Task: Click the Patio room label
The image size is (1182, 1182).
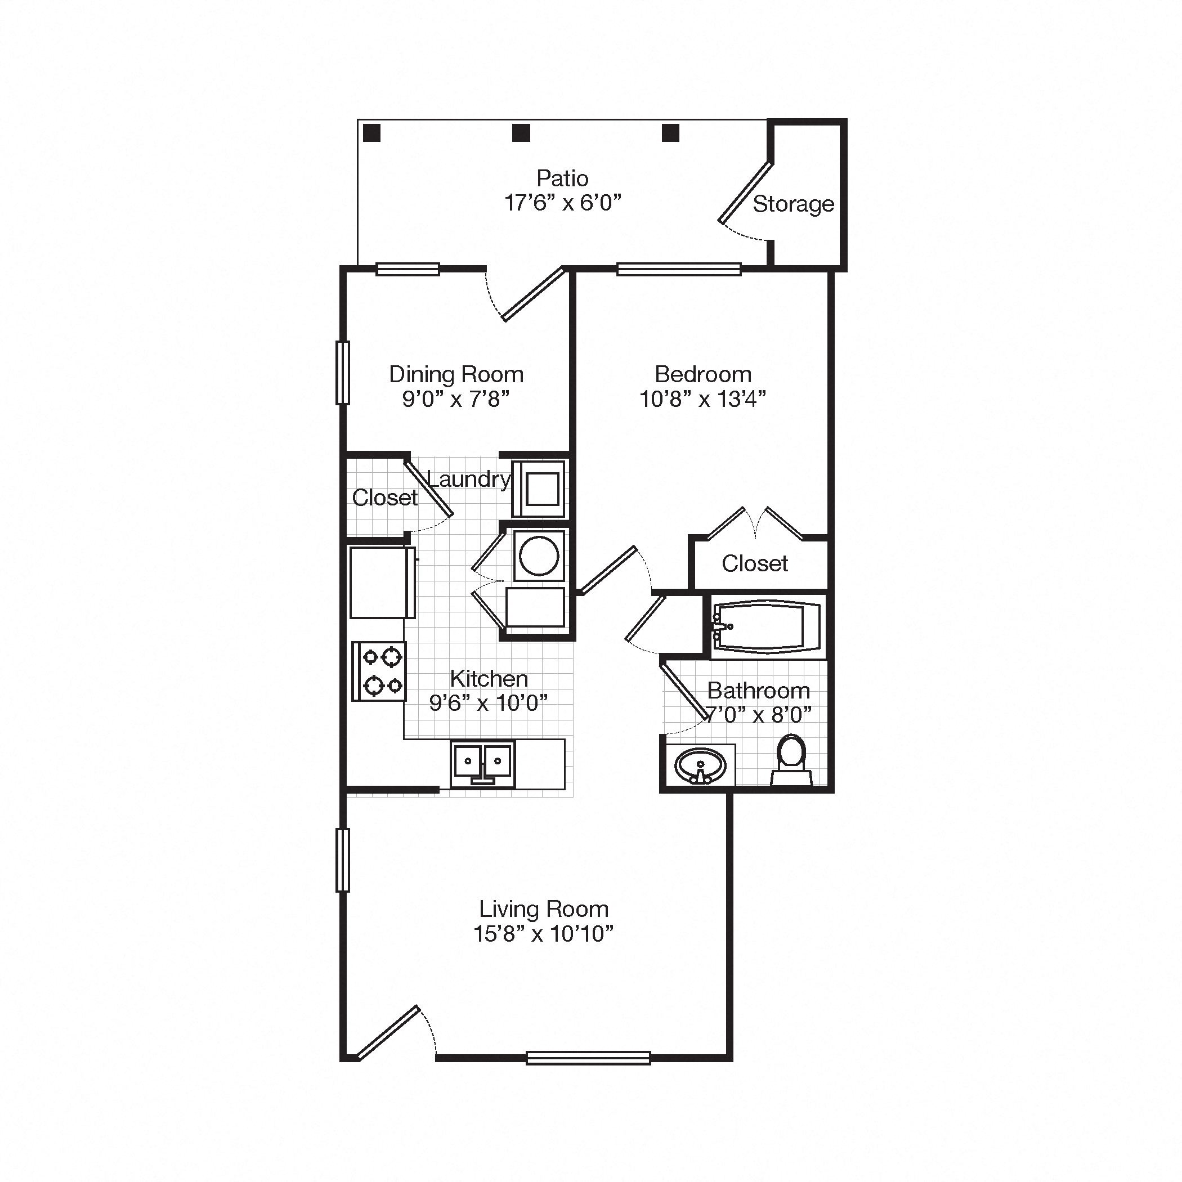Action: click(x=562, y=178)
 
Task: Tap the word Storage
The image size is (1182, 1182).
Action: click(x=793, y=204)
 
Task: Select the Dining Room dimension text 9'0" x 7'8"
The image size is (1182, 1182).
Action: click(x=456, y=399)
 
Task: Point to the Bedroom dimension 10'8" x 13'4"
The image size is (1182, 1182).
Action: click(x=702, y=399)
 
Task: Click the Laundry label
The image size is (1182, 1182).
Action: click(x=469, y=479)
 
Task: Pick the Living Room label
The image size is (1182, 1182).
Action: click(x=543, y=908)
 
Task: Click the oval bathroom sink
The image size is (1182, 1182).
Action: click(x=700, y=765)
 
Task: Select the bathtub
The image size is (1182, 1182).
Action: click(x=767, y=626)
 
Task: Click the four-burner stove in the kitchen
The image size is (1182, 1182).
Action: click(x=379, y=671)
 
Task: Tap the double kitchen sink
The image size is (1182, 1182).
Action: click(x=482, y=763)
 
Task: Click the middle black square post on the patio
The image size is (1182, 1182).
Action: click(x=521, y=133)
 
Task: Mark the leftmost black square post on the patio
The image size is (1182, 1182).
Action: click(x=371, y=133)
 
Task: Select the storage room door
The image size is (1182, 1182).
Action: click(x=745, y=192)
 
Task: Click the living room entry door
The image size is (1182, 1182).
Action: click(x=388, y=1033)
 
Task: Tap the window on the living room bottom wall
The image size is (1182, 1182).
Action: click(x=588, y=1058)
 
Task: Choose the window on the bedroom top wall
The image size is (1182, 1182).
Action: click(x=678, y=269)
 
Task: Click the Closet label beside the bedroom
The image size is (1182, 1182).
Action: click(x=754, y=563)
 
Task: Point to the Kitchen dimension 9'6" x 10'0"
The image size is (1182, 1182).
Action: click(x=488, y=703)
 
